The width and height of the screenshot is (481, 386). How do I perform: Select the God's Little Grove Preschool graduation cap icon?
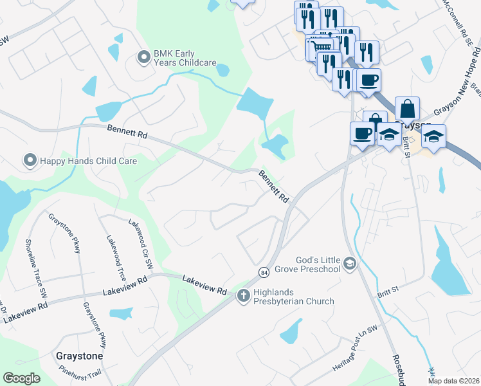[x=350, y=263]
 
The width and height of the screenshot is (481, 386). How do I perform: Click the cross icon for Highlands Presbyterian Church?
[x=243, y=296]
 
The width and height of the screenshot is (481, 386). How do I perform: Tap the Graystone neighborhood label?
[x=80, y=355]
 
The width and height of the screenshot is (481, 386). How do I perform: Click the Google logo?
[x=22, y=378]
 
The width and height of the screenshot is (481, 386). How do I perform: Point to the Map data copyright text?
[x=453, y=381]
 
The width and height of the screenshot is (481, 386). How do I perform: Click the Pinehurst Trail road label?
[x=80, y=371]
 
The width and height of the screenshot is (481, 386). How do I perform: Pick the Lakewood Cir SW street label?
[x=141, y=243]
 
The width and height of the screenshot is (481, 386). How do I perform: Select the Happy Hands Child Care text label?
[x=89, y=161]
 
